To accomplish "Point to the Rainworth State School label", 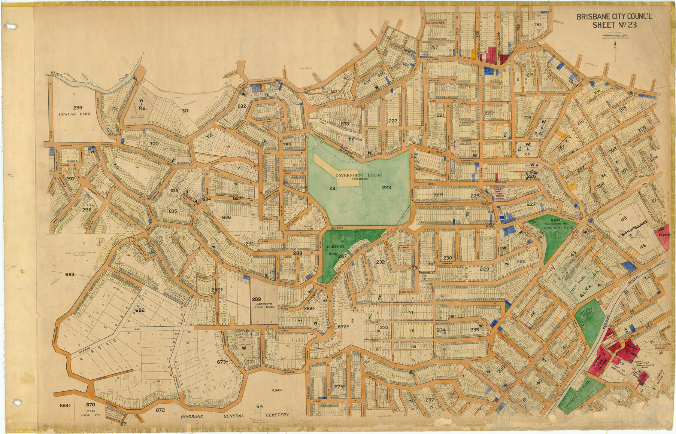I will [x=264, y=305].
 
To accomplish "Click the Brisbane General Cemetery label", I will [x=235, y=415].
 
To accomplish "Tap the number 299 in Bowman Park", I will [x=78, y=108].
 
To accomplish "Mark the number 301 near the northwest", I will [x=186, y=111].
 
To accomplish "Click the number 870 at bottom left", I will [x=90, y=405].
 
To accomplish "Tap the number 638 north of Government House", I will [x=345, y=123].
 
